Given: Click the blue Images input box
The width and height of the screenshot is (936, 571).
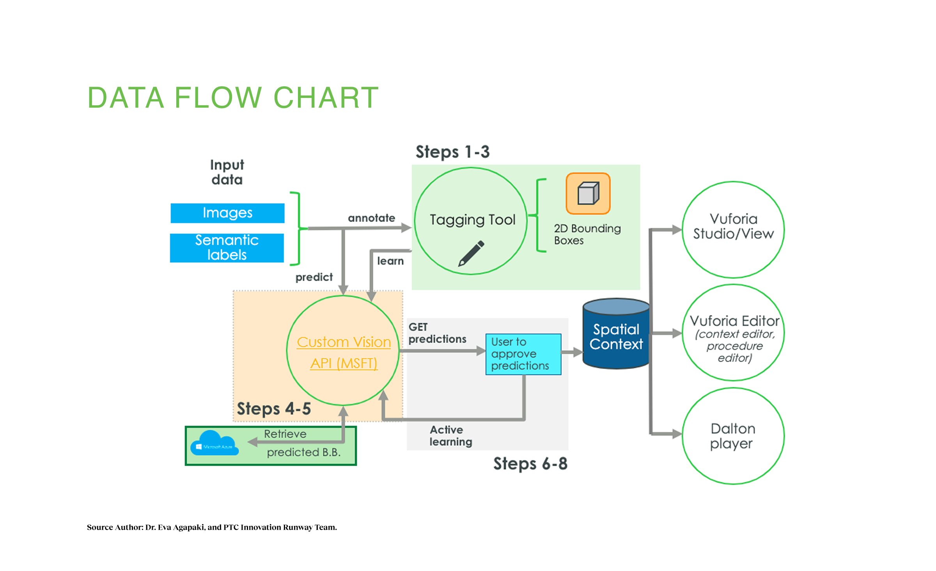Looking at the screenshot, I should click(227, 213).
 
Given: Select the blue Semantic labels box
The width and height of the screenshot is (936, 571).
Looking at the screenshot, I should click(227, 248).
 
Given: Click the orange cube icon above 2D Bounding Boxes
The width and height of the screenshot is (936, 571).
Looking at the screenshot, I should click(588, 193).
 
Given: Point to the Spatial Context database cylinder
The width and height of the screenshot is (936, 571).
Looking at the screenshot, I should click(616, 335).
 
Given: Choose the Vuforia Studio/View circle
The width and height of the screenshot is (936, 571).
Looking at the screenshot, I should click(733, 229).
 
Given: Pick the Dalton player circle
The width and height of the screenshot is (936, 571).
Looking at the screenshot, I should click(733, 436).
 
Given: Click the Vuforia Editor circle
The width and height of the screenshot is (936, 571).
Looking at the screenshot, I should click(733, 333).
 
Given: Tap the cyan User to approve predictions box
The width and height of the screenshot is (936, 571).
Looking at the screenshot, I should click(523, 354).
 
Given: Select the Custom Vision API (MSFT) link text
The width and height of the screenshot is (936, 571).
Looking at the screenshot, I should click(344, 353).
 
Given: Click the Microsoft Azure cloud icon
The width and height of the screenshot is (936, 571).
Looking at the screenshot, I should click(214, 443).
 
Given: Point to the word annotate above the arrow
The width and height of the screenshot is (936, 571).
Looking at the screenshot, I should click(371, 218).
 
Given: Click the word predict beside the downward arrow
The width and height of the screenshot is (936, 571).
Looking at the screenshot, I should click(314, 277).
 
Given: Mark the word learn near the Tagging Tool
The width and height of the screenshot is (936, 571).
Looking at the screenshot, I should click(390, 261).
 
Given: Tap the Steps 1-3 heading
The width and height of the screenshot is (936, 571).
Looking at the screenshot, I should click(452, 152).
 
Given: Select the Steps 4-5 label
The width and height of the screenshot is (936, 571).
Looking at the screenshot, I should click(274, 409).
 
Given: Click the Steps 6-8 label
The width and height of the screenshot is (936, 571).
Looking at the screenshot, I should click(530, 464).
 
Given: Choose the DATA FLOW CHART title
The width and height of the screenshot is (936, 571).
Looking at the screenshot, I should click(233, 98).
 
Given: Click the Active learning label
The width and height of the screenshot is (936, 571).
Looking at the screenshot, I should click(451, 436).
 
